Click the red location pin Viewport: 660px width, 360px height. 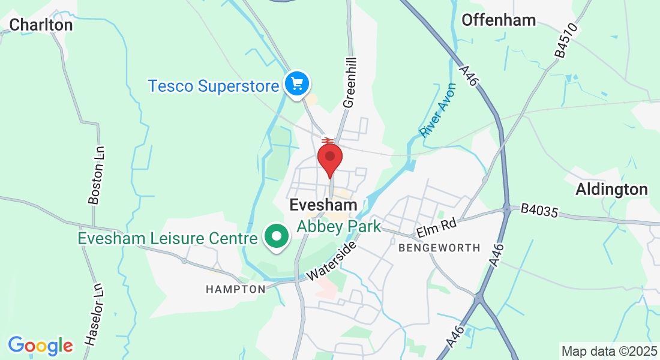click(x=329, y=158)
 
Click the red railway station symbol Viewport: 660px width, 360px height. click(x=328, y=142)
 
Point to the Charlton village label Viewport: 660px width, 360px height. click(x=41, y=25)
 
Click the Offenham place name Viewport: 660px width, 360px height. click(x=498, y=20)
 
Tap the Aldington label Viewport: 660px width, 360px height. click(x=611, y=190)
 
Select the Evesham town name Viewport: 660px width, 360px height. click(x=323, y=205)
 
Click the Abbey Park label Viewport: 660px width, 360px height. click(x=340, y=226)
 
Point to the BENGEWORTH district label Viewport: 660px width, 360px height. click(x=440, y=247)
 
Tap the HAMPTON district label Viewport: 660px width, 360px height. click(x=235, y=289)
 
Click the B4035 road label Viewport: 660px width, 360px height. click(x=539, y=211)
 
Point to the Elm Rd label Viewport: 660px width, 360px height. click(x=437, y=227)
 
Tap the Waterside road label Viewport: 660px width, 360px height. click(x=332, y=261)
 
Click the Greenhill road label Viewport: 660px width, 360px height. click(x=350, y=83)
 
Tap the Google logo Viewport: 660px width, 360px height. click(x=40, y=346)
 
